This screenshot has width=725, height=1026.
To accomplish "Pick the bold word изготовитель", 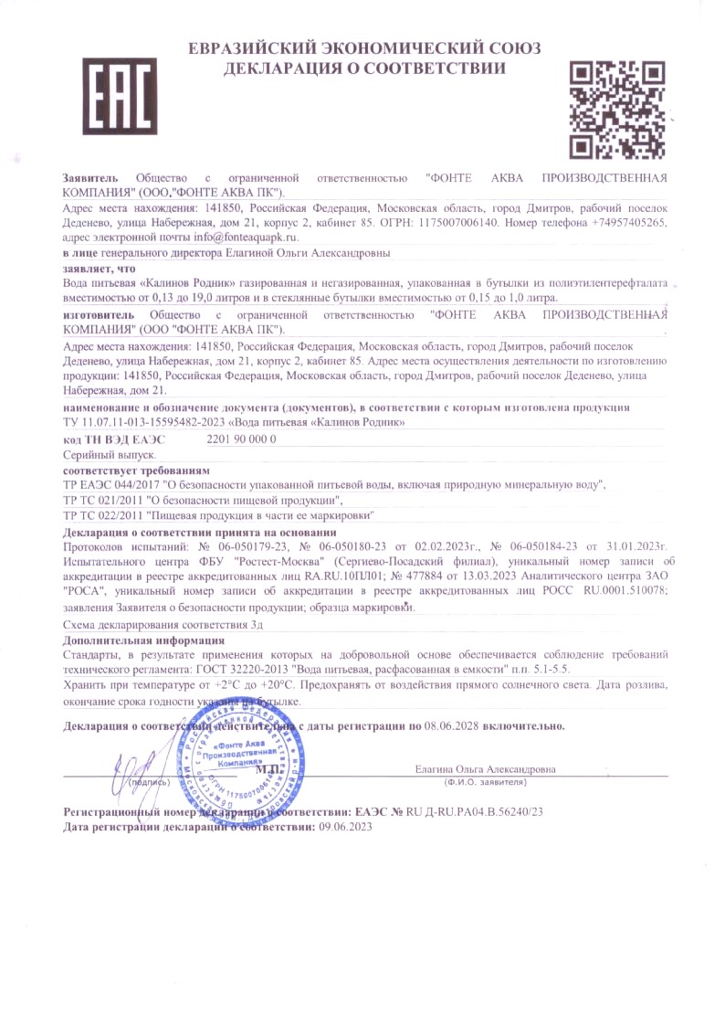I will point(95,314).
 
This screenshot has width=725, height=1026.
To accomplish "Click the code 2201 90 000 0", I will point(242,439).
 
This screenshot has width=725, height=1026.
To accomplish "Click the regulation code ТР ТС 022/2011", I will point(103,515).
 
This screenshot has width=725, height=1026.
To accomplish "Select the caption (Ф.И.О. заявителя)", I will point(485,783).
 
